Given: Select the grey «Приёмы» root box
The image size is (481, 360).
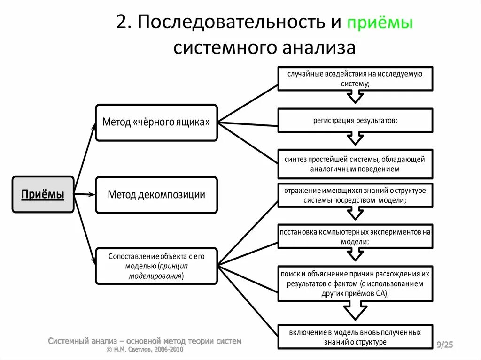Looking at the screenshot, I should coord(43,194).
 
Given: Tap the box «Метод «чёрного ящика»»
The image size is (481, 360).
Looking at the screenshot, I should coord(156,123).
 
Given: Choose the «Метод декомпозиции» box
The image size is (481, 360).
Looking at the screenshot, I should coord(156,195).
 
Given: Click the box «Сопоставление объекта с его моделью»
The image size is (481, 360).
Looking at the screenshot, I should coord(156,266).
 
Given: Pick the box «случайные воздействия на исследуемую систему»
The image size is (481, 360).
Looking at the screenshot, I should coord(355,78).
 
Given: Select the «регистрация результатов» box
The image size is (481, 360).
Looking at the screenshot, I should coord(355,120).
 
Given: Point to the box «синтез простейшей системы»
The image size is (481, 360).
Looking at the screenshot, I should coord(355,164).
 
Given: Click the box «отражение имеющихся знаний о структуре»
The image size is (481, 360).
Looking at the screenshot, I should coord(355,195).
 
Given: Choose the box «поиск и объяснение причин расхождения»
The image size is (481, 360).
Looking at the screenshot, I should coord(355,283).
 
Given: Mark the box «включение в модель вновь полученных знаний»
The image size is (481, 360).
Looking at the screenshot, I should coord(355,337).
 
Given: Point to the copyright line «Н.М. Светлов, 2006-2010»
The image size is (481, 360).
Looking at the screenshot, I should coord(145,350).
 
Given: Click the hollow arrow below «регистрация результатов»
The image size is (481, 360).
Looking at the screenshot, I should coord(355,139).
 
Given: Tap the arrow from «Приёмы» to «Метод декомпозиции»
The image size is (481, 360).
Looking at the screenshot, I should coord(85,194).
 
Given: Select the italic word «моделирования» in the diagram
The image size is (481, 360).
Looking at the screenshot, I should coord(155,276).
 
